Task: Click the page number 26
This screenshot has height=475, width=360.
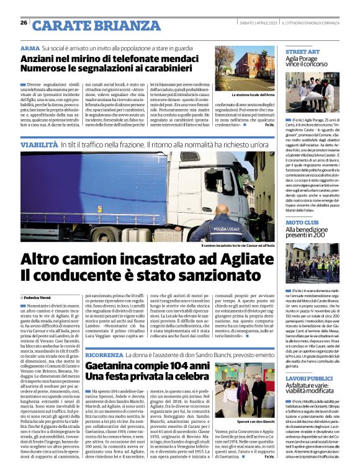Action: point(24,22)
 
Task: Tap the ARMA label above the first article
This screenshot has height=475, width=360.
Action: point(30,48)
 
